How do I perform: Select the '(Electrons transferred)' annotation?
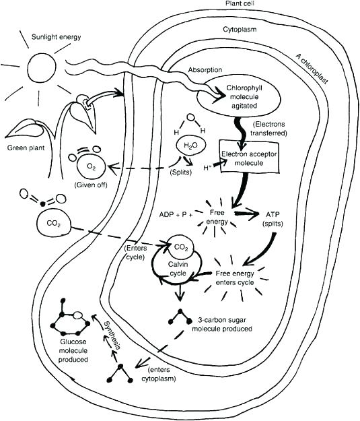[269, 129]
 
